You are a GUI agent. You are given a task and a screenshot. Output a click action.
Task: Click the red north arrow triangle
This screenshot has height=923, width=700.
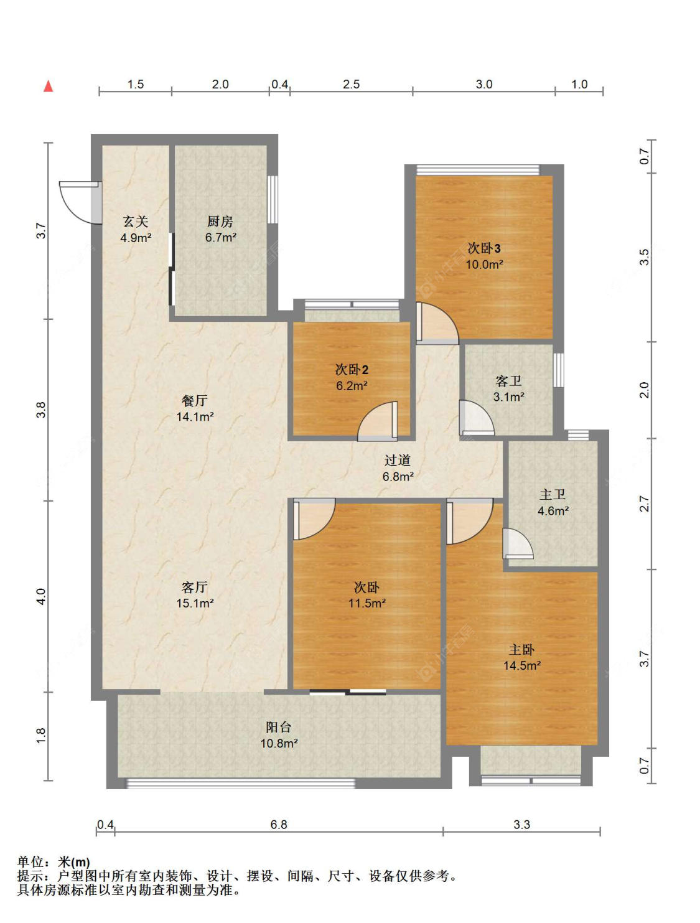(x=49, y=86)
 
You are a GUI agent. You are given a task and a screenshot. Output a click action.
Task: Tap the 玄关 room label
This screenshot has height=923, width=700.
(x=136, y=221)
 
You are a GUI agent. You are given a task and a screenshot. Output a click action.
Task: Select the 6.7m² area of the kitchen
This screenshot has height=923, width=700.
(x=221, y=238)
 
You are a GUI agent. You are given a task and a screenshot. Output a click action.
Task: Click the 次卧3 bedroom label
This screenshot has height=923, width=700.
(x=484, y=248)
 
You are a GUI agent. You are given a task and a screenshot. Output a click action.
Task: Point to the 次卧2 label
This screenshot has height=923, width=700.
(x=352, y=370)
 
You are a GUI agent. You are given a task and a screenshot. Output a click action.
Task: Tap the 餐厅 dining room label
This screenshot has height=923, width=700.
(x=195, y=400)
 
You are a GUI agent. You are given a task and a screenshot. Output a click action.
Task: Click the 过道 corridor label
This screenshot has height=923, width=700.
(x=398, y=461)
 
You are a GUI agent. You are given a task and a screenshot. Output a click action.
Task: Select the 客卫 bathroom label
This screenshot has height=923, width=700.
(x=509, y=381)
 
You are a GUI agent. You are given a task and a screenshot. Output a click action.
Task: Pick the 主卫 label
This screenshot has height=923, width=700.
(x=553, y=495)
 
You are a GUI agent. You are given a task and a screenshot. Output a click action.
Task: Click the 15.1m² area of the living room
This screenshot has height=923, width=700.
(x=195, y=604)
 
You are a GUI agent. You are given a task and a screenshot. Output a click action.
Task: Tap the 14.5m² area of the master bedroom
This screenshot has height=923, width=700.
(x=522, y=666)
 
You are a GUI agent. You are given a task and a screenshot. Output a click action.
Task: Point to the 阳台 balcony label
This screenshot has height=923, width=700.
(x=278, y=727)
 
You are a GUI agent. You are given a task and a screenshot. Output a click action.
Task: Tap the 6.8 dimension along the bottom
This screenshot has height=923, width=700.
(x=279, y=825)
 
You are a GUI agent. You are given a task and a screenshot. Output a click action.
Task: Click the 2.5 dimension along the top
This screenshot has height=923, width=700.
(x=351, y=85)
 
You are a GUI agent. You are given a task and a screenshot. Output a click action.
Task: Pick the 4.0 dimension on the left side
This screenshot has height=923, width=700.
(x=41, y=597)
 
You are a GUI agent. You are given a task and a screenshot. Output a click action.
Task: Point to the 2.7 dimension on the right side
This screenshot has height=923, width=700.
(x=645, y=504)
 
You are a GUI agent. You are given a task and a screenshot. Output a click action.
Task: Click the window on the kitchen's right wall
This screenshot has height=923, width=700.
(x=273, y=199)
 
